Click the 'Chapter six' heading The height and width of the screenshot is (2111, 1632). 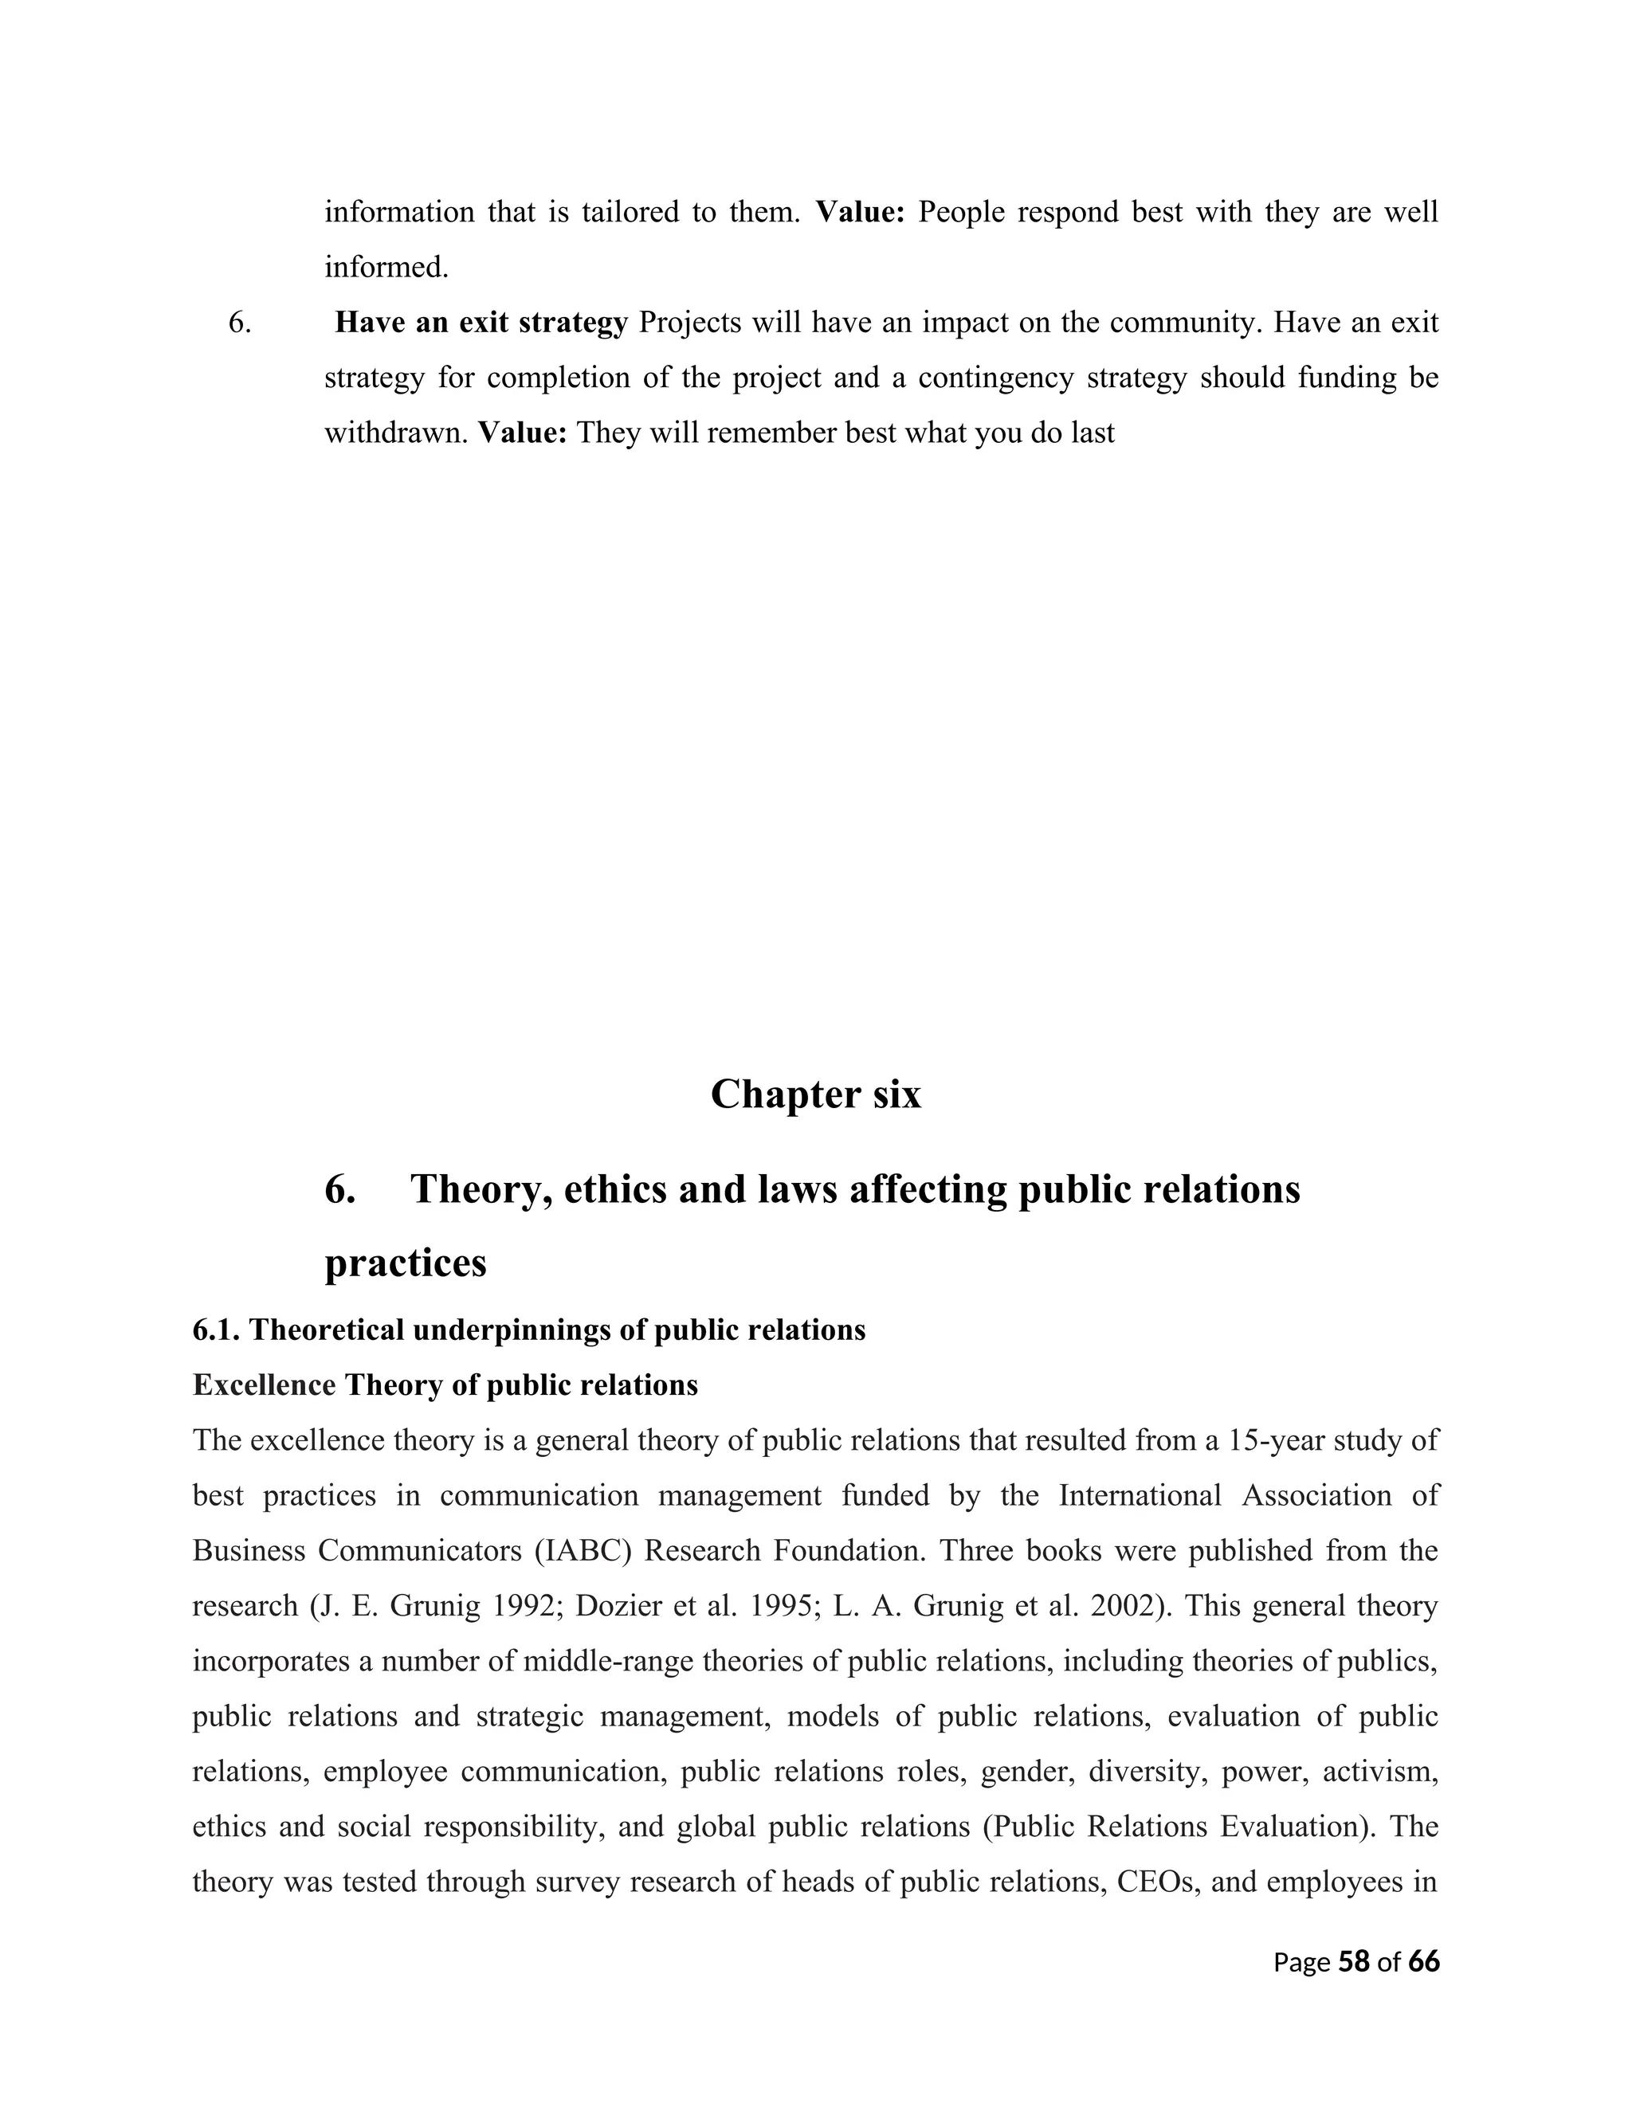[x=815, y=1095]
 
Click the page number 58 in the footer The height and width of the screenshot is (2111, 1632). [x=1354, y=1962]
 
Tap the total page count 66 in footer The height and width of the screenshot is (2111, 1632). [x=1423, y=1962]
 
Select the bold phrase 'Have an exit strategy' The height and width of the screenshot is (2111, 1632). [x=481, y=323]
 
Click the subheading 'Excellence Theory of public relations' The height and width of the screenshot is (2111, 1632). [x=445, y=1386]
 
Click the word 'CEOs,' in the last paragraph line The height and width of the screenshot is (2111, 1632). [x=1156, y=1882]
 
